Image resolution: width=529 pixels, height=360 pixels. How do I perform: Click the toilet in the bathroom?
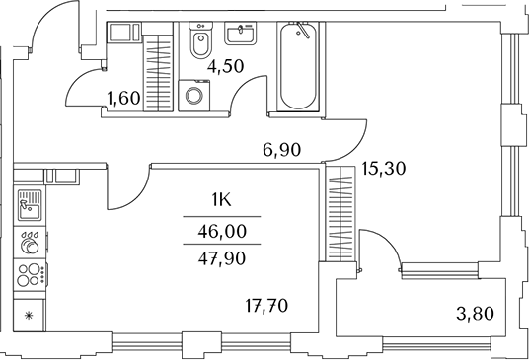(199, 42)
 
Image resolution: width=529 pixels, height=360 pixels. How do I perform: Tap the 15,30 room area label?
(385, 169)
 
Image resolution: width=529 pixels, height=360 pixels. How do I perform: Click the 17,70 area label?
(267, 305)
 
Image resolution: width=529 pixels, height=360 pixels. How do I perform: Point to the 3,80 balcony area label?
(478, 318)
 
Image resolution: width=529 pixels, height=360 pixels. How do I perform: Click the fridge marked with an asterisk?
(28, 316)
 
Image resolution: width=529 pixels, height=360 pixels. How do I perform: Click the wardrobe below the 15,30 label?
(340, 215)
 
